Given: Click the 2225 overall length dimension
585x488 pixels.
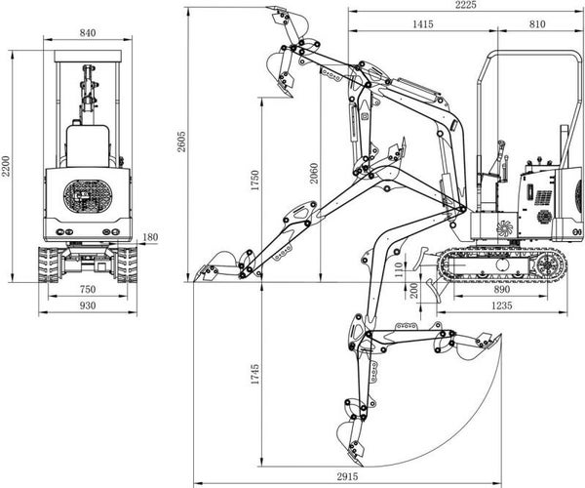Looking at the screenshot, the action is point(466,5).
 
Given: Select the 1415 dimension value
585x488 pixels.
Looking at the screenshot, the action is point(423,24).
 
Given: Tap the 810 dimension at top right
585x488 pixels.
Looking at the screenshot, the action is point(537,24).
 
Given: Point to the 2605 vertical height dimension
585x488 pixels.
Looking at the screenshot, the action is point(181,142).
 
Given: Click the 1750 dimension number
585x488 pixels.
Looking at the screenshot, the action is point(254,181).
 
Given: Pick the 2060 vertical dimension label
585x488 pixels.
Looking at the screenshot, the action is point(314,173).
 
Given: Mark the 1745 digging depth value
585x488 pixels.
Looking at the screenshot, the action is point(254,375).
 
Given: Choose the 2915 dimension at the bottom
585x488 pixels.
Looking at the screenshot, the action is point(347,476).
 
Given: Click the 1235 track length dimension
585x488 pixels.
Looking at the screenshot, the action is point(501,305).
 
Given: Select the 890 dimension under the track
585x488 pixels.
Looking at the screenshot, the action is point(501,289).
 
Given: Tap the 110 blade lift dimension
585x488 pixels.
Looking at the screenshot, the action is point(399,269).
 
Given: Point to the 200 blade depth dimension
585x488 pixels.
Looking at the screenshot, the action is point(413,291).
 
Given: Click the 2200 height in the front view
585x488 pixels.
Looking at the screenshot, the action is point(6,166).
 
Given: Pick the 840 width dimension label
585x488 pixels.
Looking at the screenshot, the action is point(88,33).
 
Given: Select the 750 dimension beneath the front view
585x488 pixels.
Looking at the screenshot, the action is point(88,289).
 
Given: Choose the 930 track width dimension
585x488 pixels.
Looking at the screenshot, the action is point(88,305).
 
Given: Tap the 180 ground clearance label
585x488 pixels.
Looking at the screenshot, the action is point(150,237).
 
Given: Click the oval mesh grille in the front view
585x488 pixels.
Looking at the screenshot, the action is point(88,196).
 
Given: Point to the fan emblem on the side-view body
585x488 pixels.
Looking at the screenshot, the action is point(504,228).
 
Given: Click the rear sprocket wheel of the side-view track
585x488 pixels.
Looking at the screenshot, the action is point(547,265).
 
